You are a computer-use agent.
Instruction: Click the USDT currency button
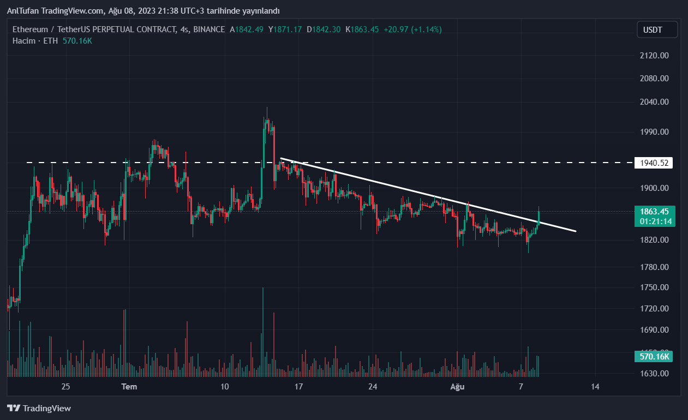click(x=657, y=29)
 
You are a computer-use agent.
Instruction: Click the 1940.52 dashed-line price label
click(x=654, y=163)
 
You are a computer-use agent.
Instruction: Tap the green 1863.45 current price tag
click(x=654, y=212)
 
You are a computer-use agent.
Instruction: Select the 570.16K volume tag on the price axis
click(x=654, y=357)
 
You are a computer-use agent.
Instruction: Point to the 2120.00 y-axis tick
click(x=654, y=55)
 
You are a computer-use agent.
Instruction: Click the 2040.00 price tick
click(x=654, y=101)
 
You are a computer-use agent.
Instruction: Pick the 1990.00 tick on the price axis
click(x=654, y=131)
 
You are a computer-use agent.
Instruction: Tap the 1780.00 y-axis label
click(x=654, y=267)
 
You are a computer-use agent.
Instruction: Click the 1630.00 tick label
click(x=654, y=374)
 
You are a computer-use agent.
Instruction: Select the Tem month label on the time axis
click(x=129, y=387)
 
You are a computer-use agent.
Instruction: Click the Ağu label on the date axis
click(x=457, y=387)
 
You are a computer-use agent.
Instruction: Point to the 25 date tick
click(x=65, y=387)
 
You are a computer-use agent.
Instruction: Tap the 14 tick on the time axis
click(x=595, y=387)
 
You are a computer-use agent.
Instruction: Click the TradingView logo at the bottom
click(x=39, y=408)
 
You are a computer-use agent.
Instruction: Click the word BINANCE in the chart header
click(x=208, y=29)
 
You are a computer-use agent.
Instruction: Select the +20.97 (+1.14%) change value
click(x=412, y=29)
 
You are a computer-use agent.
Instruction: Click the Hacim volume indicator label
click(x=24, y=41)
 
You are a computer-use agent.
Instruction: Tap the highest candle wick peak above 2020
click(x=267, y=108)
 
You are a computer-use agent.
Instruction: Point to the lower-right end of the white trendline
click(x=575, y=231)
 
